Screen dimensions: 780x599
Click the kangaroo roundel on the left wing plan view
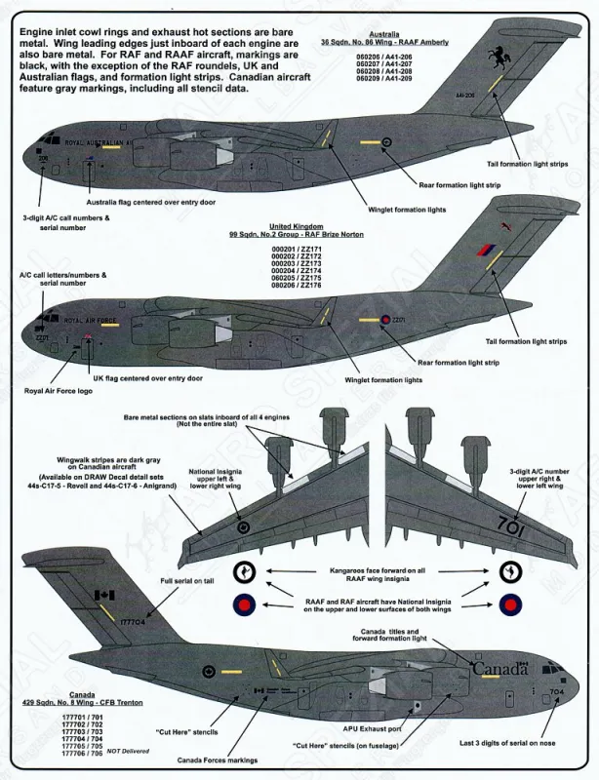coord(244,526)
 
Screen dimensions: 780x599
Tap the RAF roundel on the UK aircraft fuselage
coord(386,318)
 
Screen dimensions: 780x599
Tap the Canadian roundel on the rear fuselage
coord(209,671)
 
